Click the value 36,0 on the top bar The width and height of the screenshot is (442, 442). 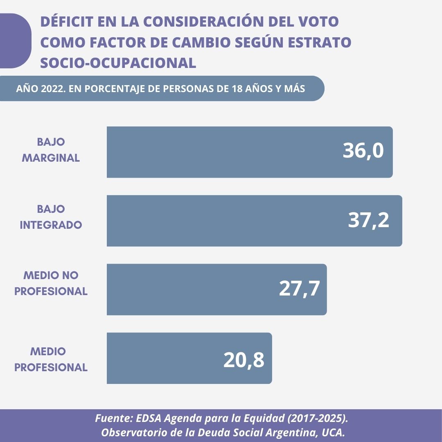coord(363,151)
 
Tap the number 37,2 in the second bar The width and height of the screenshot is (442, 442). coord(368,221)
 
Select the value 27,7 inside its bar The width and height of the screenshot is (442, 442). coord(299,289)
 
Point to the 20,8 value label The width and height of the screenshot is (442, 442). coord(244,360)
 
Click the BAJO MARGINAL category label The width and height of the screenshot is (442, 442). coord(51,150)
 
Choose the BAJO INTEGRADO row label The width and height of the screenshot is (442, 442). coord(51,217)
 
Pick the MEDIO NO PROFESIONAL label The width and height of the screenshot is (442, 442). coord(51,283)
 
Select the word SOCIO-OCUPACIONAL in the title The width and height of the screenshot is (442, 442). coord(118,63)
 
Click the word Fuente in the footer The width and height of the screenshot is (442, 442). coord(110,419)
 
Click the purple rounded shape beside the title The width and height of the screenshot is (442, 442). coord(14,41)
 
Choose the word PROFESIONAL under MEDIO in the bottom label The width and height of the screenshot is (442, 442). coord(51,368)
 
